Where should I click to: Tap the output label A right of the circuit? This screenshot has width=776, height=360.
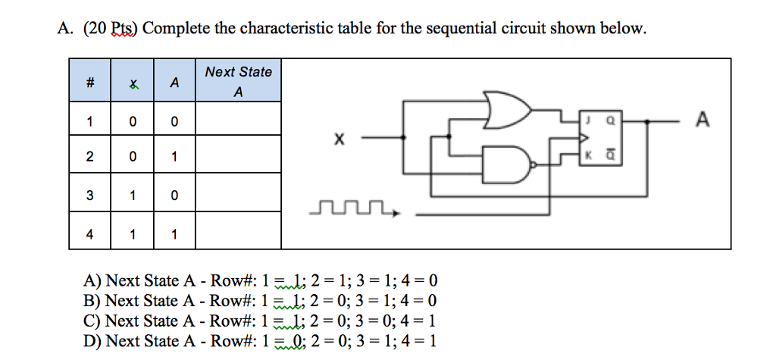pyautogui.click(x=702, y=121)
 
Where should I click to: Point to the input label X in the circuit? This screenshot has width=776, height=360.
pyautogui.click(x=339, y=139)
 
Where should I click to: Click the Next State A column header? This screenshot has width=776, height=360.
pyautogui.click(x=238, y=82)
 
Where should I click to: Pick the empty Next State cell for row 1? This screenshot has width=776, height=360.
pyautogui.click(x=238, y=121)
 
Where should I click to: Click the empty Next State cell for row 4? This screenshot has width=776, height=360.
pyautogui.click(x=238, y=234)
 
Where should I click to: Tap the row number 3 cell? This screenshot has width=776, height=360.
pyautogui.click(x=90, y=196)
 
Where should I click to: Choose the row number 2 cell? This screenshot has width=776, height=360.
pyautogui.click(x=90, y=158)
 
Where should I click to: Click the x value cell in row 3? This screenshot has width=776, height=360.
pyautogui.click(x=133, y=196)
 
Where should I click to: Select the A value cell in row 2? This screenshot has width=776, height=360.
pyautogui.click(x=174, y=158)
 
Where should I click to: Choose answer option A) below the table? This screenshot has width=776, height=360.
pyautogui.click(x=261, y=281)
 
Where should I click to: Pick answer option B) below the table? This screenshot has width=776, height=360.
pyautogui.click(x=261, y=301)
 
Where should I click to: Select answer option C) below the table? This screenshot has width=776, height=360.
pyautogui.click(x=261, y=321)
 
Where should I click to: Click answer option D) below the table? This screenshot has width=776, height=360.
pyautogui.click(x=261, y=341)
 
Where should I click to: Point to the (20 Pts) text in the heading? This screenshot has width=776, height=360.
pyautogui.click(x=109, y=29)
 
